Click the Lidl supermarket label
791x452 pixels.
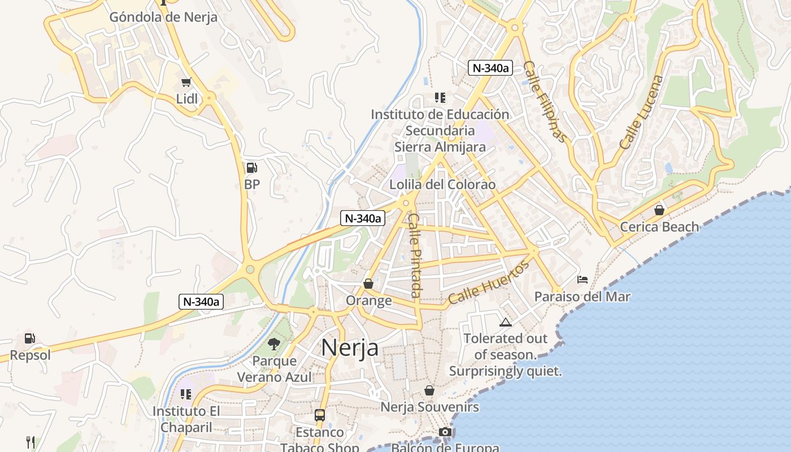pos(187,99)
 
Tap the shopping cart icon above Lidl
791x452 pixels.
pos(186,82)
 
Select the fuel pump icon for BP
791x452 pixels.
pos(251,168)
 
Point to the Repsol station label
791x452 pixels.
pos(30,355)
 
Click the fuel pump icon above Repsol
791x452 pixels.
pos(29,338)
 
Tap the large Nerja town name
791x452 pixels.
pos(350,347)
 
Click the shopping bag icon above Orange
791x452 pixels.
pos(368,284)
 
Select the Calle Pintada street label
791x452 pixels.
pos(415,255)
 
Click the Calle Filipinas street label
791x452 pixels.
pos(544,102)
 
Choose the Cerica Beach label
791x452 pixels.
pos(659,227)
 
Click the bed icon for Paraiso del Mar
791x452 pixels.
pos(583,279)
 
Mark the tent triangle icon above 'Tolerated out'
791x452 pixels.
pos(506,323)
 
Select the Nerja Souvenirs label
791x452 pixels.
pos(429,407)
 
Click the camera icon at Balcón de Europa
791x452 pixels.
pos(445,432)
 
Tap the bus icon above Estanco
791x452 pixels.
pos(320,415)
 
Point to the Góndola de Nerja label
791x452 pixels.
pos(163,17)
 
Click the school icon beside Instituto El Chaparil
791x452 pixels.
pos(186,394)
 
